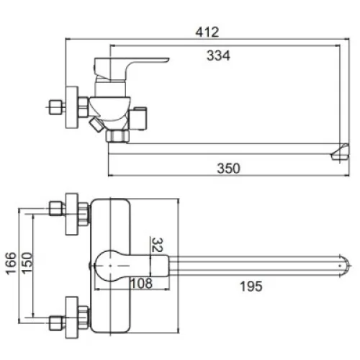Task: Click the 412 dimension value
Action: (207, 32)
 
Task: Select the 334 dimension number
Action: (218, 55)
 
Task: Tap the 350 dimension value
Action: (228, 168)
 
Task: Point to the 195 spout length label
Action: (251, 286)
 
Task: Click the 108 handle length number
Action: (141, 283)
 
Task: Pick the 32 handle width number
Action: (158, 245)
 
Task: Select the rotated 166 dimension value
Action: (11, 264)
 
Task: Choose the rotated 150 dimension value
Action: (27, 263)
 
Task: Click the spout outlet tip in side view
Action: (340, 152)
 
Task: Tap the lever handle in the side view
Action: (131, 69)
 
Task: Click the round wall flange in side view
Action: (72, 107)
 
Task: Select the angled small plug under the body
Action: (96, 125)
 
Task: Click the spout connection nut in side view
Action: (117, 136)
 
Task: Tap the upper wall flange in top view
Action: (72, 214)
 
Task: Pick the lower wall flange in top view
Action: (72, 318)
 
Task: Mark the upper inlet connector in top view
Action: (57, 208)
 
